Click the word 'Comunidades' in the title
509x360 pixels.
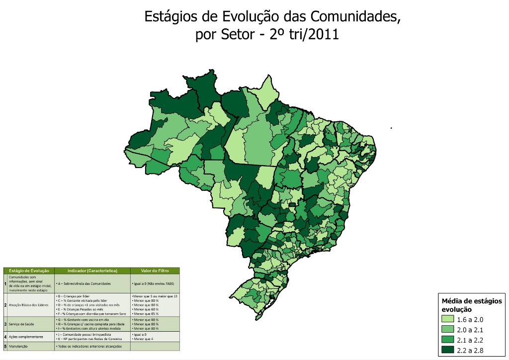[355, 16]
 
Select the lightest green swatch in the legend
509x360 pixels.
[448, 319]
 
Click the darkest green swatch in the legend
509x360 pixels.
[448, 350]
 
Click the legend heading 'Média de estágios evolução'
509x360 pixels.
[472, 305]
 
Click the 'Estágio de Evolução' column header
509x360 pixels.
[29, 271]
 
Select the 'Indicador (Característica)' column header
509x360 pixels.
[92, 271]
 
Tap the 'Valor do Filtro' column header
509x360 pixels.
[154, 271]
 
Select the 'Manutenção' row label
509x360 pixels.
[18, 346]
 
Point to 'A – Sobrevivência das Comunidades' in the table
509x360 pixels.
[83, 283]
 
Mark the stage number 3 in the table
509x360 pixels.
[5, 324]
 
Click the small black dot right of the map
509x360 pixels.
[392, 128]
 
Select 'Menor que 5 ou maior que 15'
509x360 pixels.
[155, 296]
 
